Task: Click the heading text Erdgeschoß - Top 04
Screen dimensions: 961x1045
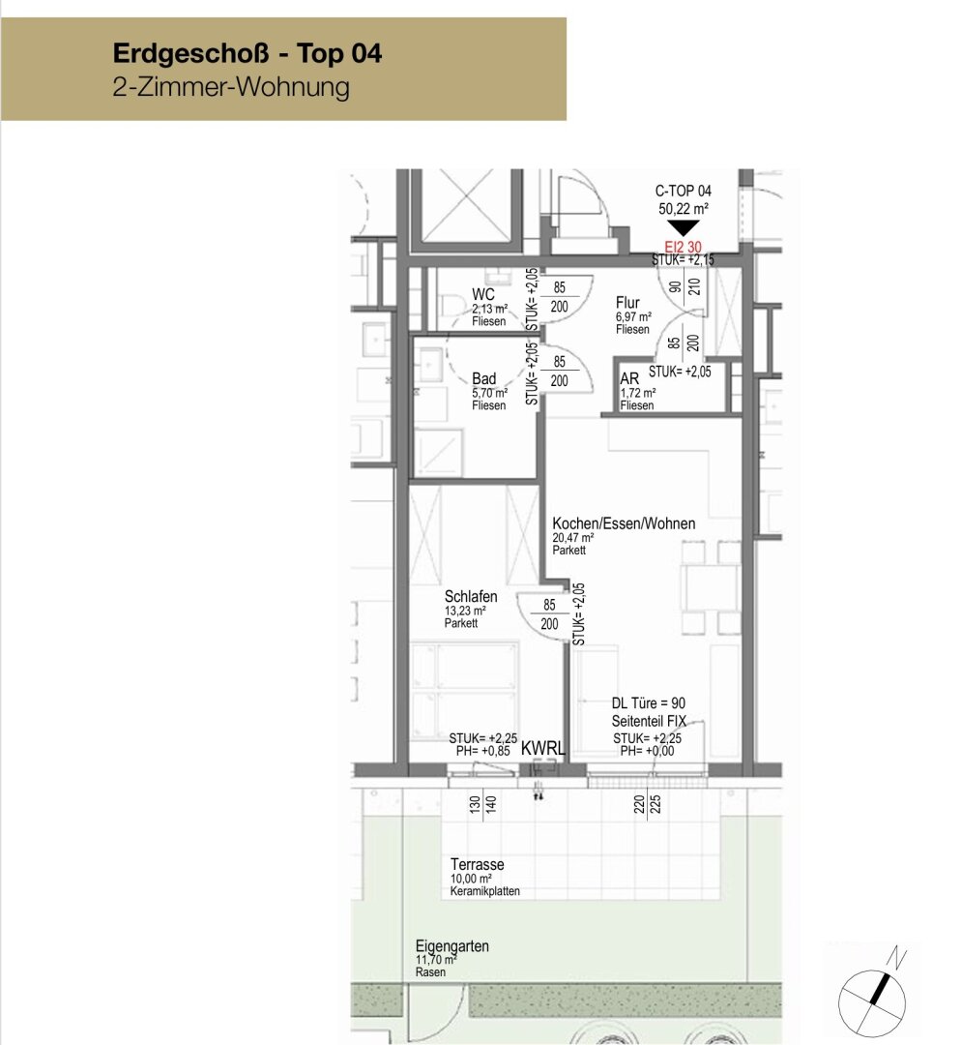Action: pyautogui.click(x=248, y=53)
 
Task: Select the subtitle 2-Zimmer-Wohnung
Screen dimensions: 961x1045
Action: pyautogui.click(x=231, y=87)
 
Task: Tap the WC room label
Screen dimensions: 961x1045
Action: pyautogui.click(x=482, y=294)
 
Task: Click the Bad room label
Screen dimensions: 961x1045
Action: pyautogui.click(x=484, y=378)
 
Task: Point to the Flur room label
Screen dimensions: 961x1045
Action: pyautogui.click(x=627, y=303)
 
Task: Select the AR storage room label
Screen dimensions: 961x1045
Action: pyautogui.click(x=629, y=378)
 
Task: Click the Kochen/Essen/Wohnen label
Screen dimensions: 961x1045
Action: pyautogui.click(x=624, y=523)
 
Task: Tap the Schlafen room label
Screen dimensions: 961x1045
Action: pyautogui.click(x=471, y=596)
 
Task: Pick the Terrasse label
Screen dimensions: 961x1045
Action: pyautogui.click(x=477, y=864)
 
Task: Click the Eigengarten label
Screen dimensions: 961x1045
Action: pyautogui.click(x=452, y=946)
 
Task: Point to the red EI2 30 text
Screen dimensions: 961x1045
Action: pyautogui.click(x=684, y=248)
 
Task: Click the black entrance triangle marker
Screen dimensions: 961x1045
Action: pyautogui.click(x=684, y=228)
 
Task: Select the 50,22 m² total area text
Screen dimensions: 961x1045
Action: pyautogui.click(x=684, y=209)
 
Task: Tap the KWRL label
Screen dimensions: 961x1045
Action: pyautogui.click(x=542, y=748)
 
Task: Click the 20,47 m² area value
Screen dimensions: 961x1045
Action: pyautogui.click(x=572, y=538)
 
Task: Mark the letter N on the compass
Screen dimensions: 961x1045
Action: pyautogui.click(x=898, y=958)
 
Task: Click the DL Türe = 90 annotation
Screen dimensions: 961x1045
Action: pyautogui.click(x=649, y=703)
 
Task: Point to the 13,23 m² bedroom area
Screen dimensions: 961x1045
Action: pyautogui.click(x=465, y=611)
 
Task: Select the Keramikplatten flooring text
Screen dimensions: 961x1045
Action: pyautogui.click(x=484, y=891)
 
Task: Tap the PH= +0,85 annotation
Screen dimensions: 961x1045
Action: pyautogui.click(x=482, y=751)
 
